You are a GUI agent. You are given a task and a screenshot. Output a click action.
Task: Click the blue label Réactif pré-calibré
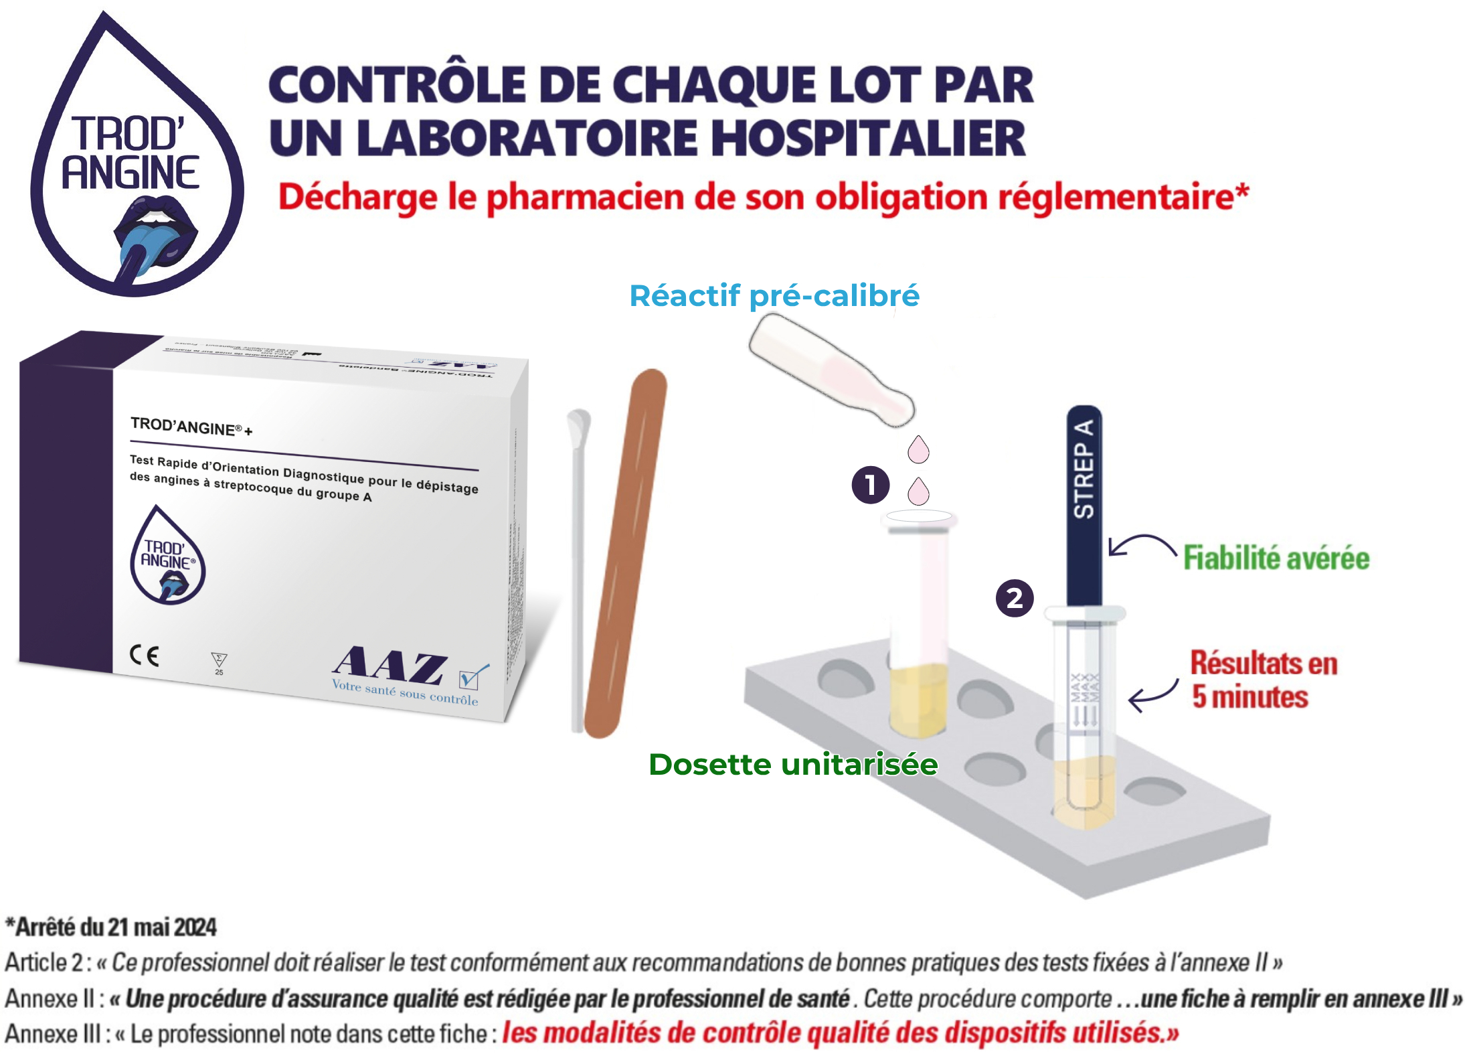(x=774, y=296)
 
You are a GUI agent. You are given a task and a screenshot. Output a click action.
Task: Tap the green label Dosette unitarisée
(x=793, y=765)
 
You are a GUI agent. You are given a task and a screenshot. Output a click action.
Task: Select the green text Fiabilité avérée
(x=1276, y=558)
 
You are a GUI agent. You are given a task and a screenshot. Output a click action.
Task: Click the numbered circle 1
(x=870, y=485)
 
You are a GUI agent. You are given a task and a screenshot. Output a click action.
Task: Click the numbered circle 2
(x=1015, y=598)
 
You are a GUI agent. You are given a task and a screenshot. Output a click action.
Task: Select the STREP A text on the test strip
(x=1084, y=469)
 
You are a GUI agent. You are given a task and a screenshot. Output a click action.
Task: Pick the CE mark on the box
(x=145, y=656)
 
